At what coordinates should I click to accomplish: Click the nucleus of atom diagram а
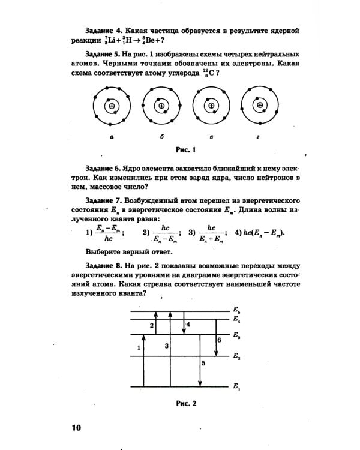(112, 107)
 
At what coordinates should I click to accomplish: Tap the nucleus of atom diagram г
(260, 106)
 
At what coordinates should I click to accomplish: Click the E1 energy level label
(236, 386)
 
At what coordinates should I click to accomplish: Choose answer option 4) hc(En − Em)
(260, 233)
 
